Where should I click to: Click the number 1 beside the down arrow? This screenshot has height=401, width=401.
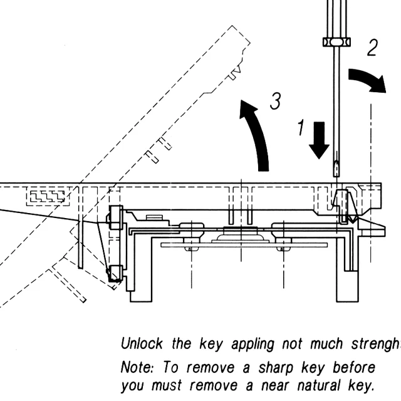click(300, 128)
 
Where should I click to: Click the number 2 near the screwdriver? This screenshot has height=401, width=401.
click(372, 48)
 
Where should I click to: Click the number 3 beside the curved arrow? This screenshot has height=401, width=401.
click(274, 102)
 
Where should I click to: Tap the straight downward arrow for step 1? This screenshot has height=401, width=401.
click(320, 140)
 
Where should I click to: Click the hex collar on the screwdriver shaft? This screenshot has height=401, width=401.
click(336, 42)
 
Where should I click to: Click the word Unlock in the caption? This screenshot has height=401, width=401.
click(141, 344)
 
